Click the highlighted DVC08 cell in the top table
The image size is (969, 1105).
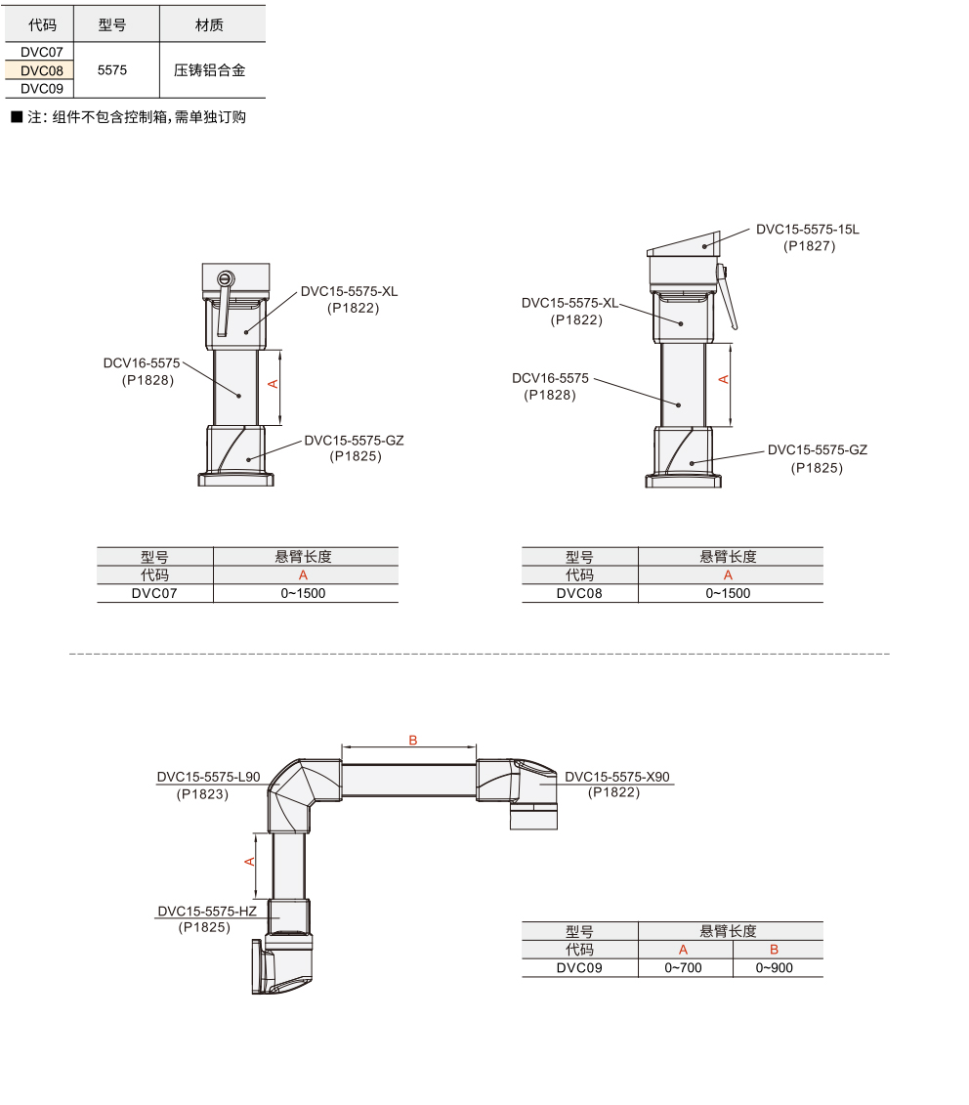coord(42,70)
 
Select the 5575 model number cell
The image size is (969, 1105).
coord(112,69)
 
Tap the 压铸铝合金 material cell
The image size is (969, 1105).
coord(209,69)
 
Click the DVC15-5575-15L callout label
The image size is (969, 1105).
coord(808,229)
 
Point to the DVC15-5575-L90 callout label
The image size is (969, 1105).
coord(209,777)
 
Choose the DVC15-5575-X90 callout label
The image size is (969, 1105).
coord(617,777)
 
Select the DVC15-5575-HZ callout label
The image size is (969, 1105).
coord(207,911)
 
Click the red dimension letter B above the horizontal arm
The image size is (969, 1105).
coord(413,740)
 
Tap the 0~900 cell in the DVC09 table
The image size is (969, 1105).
coord(774,967)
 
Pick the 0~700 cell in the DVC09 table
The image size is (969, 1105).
coord(683,967)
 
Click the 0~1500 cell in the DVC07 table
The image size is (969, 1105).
coord(303,593)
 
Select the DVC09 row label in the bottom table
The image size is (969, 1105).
coord(579,967)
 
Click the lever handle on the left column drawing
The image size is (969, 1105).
coord(224,302)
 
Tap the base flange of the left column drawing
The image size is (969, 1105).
coord(235,480)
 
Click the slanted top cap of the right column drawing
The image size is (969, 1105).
coord(685,244)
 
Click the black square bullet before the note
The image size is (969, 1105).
coord(17,117)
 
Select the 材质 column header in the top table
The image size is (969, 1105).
coord(209,25)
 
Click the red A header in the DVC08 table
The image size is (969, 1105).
coord(728,575)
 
